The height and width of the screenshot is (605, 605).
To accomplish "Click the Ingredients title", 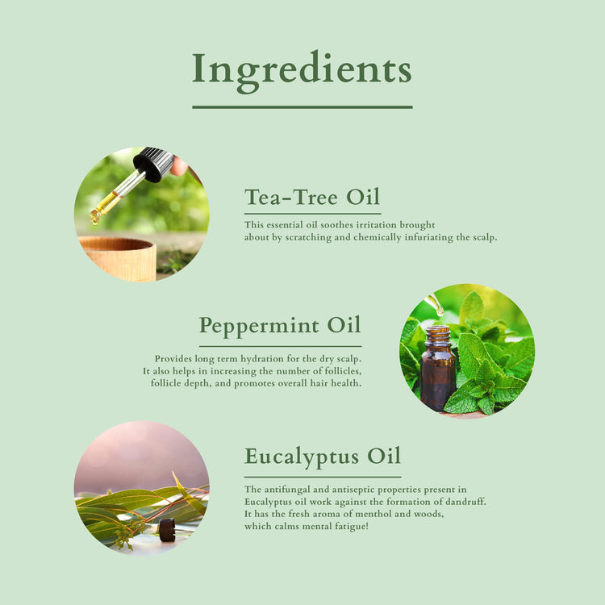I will click(302, 69).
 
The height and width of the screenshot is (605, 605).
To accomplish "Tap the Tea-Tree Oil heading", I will click(312, 197).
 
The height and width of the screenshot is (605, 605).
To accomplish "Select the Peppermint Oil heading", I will click(280, 326).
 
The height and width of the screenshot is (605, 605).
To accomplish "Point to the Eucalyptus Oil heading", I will click(323, 456).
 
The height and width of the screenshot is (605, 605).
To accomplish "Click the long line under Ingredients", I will click(302, 106).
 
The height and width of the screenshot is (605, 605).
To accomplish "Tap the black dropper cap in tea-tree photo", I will click(153, 164).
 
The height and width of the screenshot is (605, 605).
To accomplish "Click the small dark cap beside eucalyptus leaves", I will click(167, 530).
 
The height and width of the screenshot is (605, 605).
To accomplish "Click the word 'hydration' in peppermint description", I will click(273, 358).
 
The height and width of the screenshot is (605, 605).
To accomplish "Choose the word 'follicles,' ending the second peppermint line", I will click(337, 370).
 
